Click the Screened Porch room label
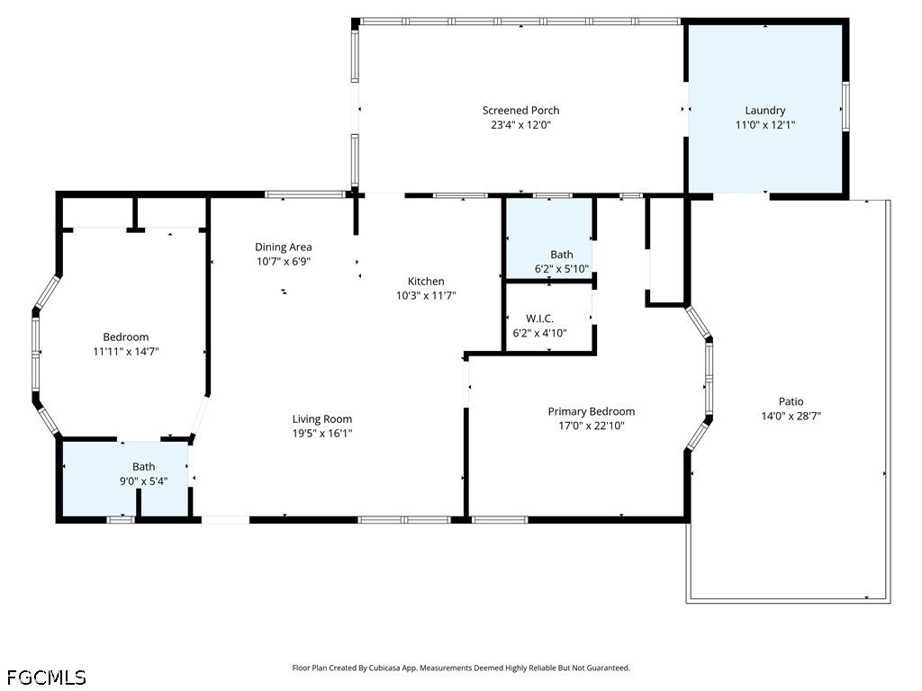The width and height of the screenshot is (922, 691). (x=520, y=111)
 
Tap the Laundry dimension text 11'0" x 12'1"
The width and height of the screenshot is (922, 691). (x=765, y=125)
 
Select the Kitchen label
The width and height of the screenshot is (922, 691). (x=426, y=281)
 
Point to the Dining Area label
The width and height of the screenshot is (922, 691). (x=284, y=247)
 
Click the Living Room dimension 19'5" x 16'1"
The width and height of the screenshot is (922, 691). (x=322, y=433)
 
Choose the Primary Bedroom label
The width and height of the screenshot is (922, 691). (x=592, y=411)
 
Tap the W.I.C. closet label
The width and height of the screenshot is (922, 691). (x=539, y=319)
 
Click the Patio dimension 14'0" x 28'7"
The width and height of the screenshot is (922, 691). (x=791, y=416)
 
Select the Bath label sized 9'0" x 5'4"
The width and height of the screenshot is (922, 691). (x=144, y=466)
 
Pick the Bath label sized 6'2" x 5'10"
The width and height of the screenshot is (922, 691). (x=562, y=255)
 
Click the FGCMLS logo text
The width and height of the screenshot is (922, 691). (x=47, y=677)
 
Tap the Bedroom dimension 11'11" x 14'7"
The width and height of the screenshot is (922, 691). (x=126, y=351)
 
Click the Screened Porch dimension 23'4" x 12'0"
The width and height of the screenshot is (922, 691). (x=520, y=125)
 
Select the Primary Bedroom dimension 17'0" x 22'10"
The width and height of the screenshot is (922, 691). (x=592, y=426)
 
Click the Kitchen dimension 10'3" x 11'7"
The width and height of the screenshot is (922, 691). (x=426, y=295)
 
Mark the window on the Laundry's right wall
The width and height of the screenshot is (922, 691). (x=845, y=106)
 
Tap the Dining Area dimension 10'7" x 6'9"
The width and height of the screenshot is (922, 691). (x=284, y=261)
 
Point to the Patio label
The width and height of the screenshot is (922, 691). (x=791, y=401)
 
